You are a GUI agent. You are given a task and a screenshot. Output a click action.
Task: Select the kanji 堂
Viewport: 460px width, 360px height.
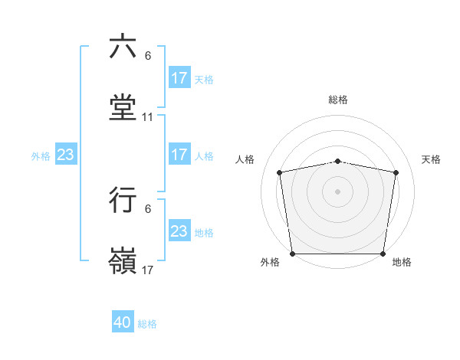click(x=123, y=107)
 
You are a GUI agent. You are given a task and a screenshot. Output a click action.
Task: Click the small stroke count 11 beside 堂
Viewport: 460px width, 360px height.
click(x=148, y=117)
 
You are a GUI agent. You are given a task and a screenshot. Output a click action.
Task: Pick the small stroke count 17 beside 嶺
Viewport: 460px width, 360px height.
click(x=148, y=270)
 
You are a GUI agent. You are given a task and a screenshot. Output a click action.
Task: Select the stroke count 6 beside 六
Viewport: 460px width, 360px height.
click(x=148, y=56)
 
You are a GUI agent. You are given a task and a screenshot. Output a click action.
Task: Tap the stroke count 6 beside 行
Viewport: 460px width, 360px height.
click(x=148, y=209)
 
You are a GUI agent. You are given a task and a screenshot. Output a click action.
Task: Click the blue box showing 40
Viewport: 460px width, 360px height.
click(x=123, y=322)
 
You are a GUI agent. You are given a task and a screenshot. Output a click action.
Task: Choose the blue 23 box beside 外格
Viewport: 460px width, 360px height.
click(x=65, y=155)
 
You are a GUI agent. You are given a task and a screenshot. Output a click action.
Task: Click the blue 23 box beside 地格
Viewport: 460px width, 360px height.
click(x=179, y=231)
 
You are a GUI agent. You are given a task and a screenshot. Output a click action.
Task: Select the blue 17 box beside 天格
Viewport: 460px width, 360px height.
click(x=179, y=78)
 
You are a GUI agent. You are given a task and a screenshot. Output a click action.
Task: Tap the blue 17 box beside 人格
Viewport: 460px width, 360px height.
click(x=179, y=155)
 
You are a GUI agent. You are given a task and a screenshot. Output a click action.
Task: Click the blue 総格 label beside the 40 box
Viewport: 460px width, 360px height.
click(x=147, y=324)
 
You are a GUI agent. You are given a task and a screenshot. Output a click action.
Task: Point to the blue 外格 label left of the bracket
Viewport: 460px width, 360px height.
click(x=41, y=156)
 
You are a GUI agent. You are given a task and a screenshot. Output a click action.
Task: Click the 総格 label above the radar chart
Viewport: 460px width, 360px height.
click(x=338, y=100)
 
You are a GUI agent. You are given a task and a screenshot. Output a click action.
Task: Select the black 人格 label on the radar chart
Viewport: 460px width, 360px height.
click(x=246, y=159)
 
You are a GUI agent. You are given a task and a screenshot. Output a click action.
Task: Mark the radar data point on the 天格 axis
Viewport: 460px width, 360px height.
click(x=396, y=172)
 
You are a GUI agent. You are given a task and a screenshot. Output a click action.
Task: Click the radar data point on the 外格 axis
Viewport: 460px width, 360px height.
click(x=292, y=254)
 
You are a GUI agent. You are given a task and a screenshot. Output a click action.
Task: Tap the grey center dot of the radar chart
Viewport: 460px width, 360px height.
click(x=338, y=191)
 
